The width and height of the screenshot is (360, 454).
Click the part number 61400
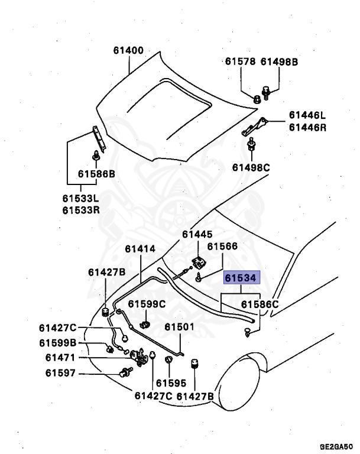pyautogui.click(x=128, y=51)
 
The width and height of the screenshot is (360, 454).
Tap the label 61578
pyautogui.click(x=240, y=61)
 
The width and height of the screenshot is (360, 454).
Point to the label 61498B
pyautogui.click(x=280, y=61)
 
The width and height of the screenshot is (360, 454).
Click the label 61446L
pyautogui.click(x=307, y=115)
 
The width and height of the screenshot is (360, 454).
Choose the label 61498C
pyautogui.click(x=251, y=167)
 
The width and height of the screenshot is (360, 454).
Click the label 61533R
pyautogui.click(x=81, y=210)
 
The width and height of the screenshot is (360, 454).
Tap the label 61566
pyautogui.click(x=222, y=247)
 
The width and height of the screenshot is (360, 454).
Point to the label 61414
pyautogui.click(x=140, y=249)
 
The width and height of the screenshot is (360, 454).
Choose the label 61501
pyautogui.click(x=179, y=327)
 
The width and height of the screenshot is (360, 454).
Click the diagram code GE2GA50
pyautogui.click(x=336, y=447)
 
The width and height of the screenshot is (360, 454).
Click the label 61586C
pyautogui.click(x=259, y=304)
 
